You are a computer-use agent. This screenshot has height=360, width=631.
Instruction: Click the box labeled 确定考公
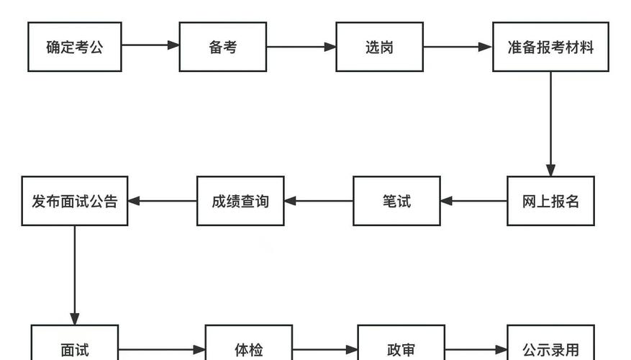point(75,47)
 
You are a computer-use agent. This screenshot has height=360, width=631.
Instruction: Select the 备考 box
point(222,47)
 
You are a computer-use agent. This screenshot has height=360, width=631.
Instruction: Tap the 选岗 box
point(379,47)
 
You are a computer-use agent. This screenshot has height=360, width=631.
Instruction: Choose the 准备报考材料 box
point(550,47)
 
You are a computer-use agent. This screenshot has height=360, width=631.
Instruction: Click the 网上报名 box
point(550,201)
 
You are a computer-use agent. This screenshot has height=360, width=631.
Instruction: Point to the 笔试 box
point(396,201)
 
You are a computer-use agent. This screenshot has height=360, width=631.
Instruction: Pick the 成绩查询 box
point(240,201)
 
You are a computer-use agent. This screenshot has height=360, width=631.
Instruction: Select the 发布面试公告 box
point(75,201)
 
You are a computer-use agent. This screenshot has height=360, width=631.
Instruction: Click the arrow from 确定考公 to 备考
point(150,45)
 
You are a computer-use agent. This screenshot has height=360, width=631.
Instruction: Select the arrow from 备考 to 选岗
point(301,47)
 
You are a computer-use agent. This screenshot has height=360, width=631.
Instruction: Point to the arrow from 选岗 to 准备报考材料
point(458,47)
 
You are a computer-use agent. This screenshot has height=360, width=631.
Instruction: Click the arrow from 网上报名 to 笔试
point(473,201)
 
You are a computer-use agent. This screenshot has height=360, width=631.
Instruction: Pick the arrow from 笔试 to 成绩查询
point(318,201)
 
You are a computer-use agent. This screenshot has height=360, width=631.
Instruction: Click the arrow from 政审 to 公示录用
point(476,351)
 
